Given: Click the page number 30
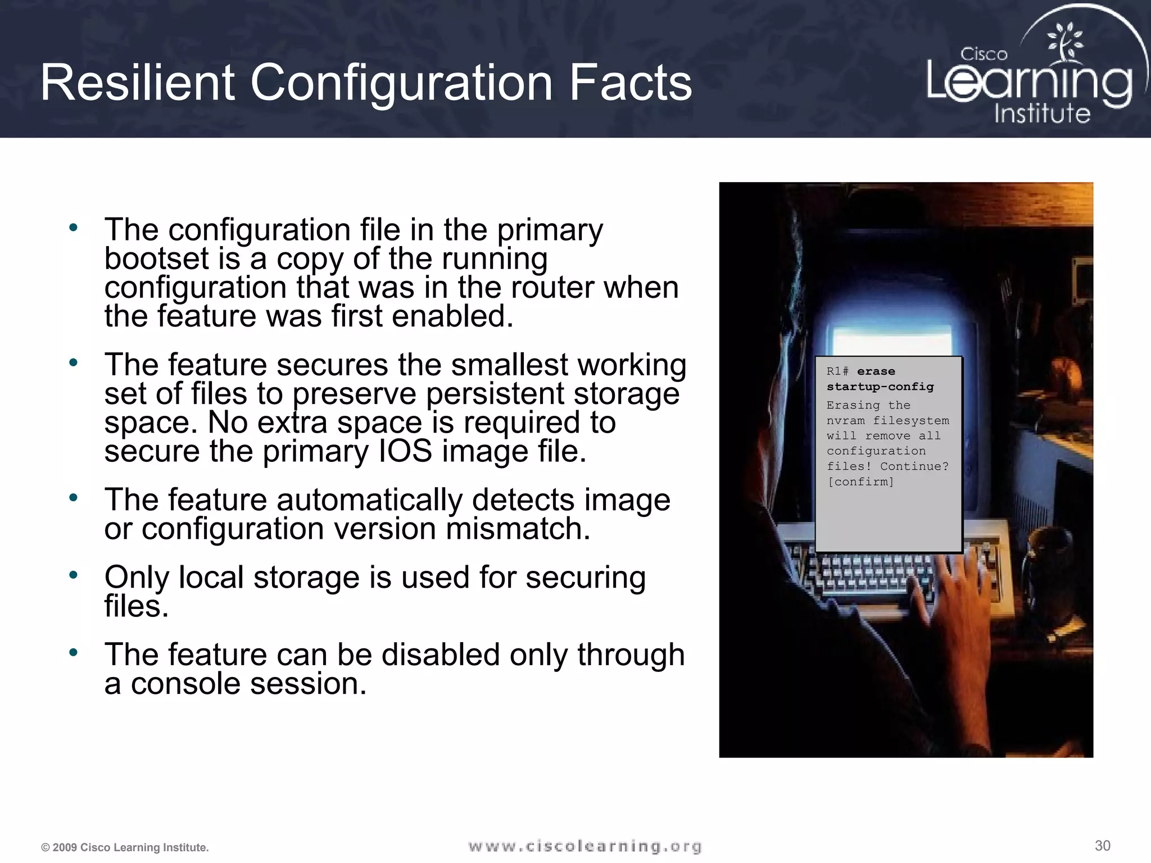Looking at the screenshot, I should [x=1102, y=846].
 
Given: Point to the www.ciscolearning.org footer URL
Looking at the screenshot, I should [x=584, y=846].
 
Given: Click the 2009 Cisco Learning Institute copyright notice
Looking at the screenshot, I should [x=125, y=847].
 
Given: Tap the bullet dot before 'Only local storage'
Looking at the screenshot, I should [x=73, y=575].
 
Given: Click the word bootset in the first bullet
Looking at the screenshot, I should [x=157, y=258].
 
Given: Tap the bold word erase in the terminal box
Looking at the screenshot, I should [x=876, y=371].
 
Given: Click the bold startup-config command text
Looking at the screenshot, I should [x=880, y=387].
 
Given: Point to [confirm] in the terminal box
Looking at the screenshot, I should [x=860, y=482].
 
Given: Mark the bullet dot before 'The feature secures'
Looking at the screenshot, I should [x=73, y=363].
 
